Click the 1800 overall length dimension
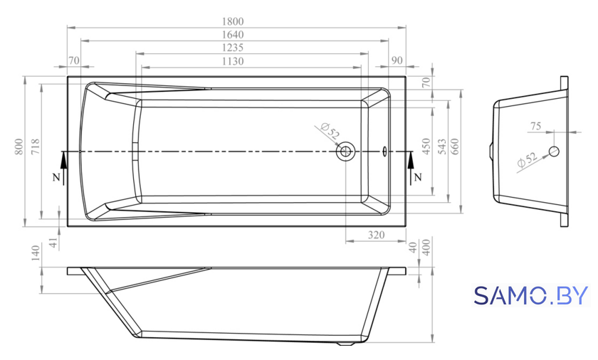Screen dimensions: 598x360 [x=233, y=21]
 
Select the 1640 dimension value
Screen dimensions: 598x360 [x=233, y=35]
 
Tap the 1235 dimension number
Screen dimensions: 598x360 [x=233, y=48]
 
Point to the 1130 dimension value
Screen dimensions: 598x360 [x=233, y=61]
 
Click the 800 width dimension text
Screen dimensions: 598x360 [x=19, y=147]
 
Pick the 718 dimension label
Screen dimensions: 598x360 [x=35, y=147]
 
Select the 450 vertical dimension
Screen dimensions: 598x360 [x=426, y=147]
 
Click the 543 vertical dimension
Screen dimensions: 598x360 [x=441, y=147]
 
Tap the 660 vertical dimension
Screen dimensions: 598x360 [x=455, y=147]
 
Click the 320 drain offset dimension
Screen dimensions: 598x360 [x=376, y=235]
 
